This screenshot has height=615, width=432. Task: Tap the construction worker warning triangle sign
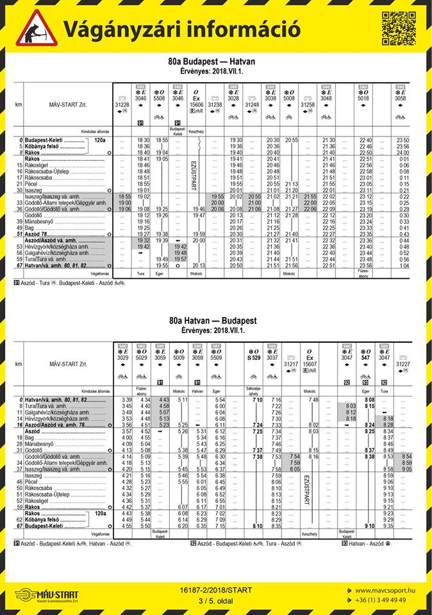point(36,28)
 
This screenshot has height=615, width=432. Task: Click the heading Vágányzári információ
point(181,29)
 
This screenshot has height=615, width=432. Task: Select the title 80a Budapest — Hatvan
point(215,61)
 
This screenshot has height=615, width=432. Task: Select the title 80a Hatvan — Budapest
point(215,320)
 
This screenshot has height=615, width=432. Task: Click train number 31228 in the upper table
point(122,104)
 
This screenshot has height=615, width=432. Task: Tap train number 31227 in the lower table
point(403,364)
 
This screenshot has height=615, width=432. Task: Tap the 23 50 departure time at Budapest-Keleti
point(403,140)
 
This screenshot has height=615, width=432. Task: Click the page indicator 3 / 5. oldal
point(216,600)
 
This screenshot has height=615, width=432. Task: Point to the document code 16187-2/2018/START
point(216,590)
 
